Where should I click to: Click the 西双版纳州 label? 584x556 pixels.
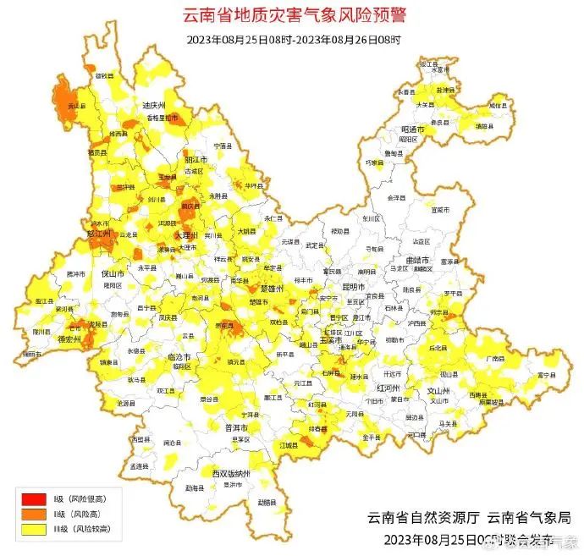tap(231, 473)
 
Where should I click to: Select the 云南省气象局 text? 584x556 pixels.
tap(519, 518)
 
